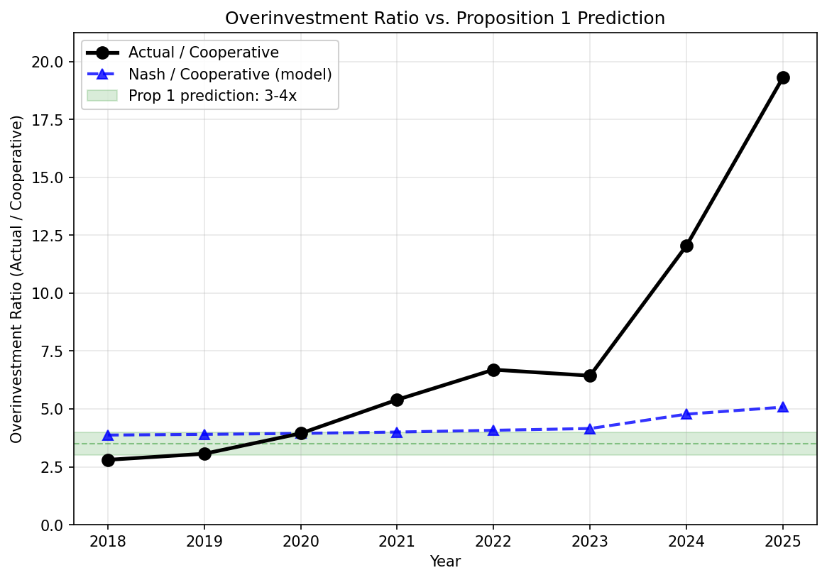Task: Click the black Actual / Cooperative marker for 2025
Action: [782, 77]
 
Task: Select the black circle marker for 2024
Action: [686, 246]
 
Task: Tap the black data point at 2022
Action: [493, 370]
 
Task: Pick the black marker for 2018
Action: [108, 460]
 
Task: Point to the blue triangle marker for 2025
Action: [782, 407]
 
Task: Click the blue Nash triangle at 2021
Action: [397, 432]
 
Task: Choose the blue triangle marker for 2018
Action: [108, 435]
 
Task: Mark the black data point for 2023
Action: [590, 376]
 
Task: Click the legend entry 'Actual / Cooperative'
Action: [203, 53]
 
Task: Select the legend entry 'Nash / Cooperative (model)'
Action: [230, 74]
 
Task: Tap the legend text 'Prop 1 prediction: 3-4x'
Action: [212, 96]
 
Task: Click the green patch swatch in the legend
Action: [102, 96]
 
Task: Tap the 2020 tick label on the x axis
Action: [300, 542]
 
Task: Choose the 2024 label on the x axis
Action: [686, 542]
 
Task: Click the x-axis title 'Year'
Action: [445, 562]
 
